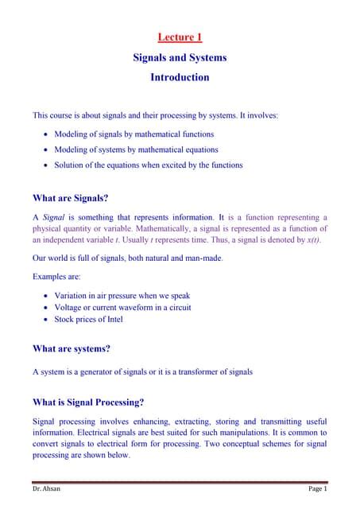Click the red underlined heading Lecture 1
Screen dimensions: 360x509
coord(180,37)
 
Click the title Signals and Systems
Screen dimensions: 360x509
coord(180,57)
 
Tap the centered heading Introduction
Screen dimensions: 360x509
coord(180,77)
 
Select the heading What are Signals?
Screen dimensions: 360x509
coord(70,198)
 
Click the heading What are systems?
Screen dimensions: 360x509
coord(71,348)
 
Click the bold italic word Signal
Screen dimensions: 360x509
coord(53,216)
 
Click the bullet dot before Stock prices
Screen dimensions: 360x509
coord(45,320)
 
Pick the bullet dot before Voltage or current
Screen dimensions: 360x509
coord(45,307)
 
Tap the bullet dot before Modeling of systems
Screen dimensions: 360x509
coord(45,150)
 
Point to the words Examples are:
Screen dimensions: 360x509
coord(55,277)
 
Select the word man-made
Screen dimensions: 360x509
coord(201,258)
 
